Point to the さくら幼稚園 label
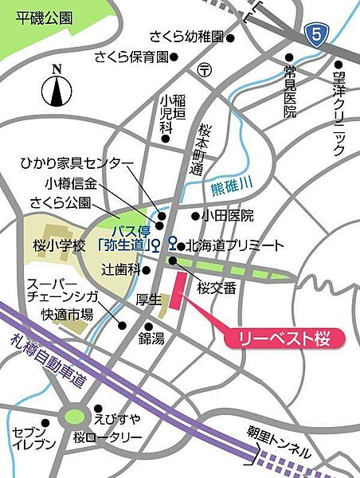(x=187, y=37)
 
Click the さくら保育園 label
(x=131, y=57)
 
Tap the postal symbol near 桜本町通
(x=205, y=69)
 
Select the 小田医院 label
(x=227, y=215)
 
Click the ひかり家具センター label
(x=76, y=164)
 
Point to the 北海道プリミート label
(x=235, y=245)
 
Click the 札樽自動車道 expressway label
(x=48, y=358)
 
